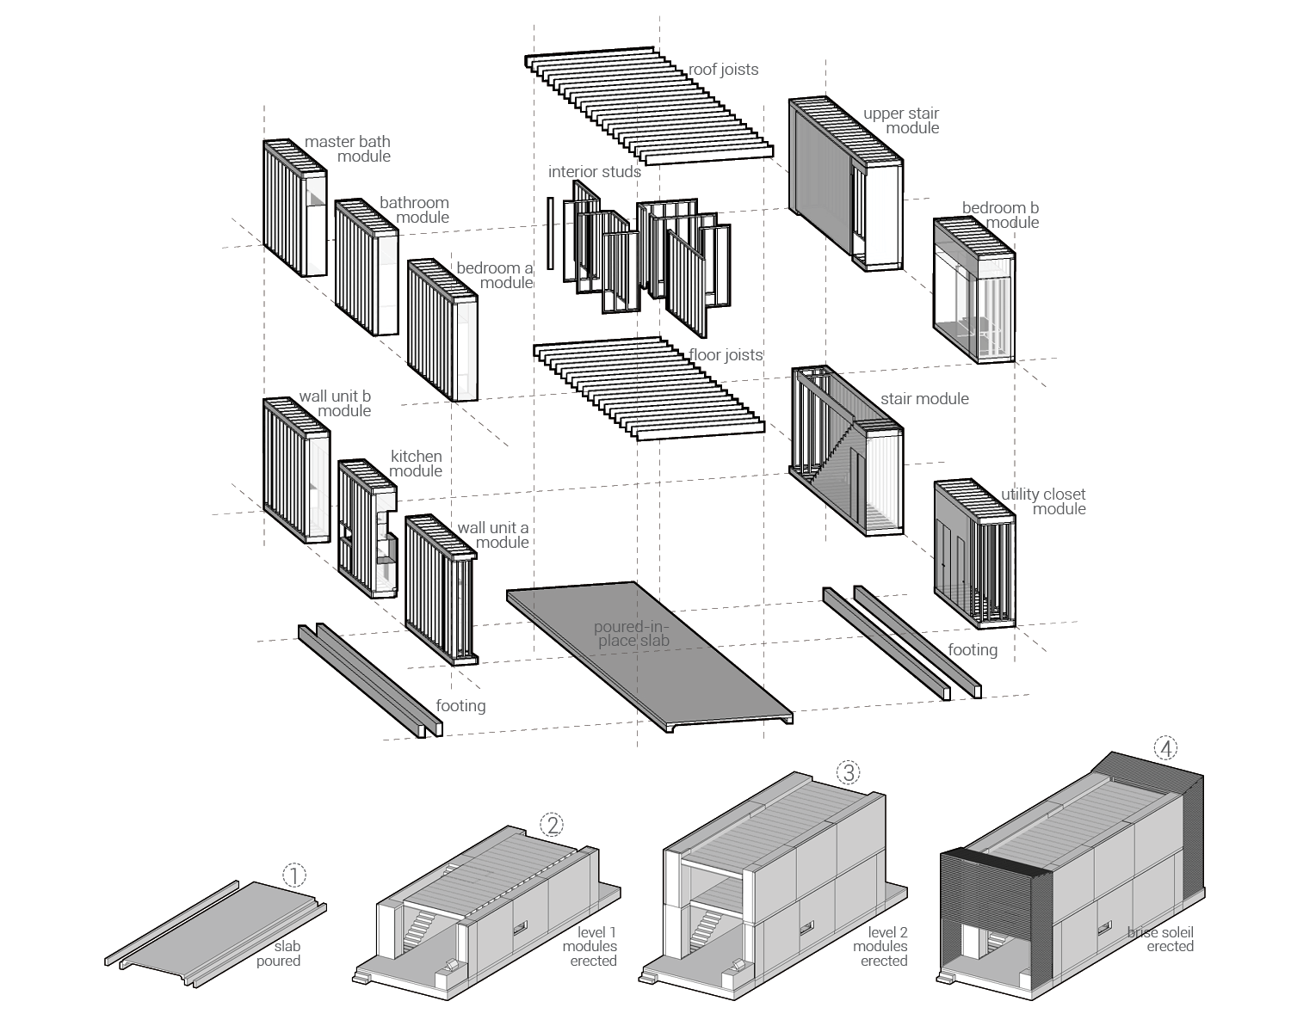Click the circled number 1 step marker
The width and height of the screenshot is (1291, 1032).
pos(294,875)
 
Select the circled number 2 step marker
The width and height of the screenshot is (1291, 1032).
pos(552,825)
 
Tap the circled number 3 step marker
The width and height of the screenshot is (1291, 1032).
pos(849,772)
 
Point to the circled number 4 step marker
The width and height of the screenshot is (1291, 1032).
pos(1165,749)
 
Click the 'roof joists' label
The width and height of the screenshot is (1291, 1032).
pos(723,70)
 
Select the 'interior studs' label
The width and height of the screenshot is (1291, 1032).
pos(594,172)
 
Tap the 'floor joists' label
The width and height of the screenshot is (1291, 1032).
pos(725,354)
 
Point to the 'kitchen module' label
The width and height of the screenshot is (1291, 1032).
pos(417,464)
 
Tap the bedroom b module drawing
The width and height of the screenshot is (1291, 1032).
pos(973,291)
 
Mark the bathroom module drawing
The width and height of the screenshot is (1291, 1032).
pos(366,268)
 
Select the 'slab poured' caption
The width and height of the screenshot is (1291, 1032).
pos(279,954)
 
